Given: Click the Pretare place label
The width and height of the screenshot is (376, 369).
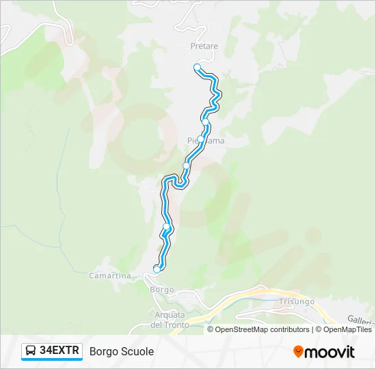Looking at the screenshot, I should tap(204, 46).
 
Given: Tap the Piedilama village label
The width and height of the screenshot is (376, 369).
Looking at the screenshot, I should tap(206, 141).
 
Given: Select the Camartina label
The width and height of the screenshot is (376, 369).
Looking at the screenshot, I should tap(109, 275).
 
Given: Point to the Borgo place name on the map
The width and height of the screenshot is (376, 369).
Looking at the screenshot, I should tap(161, 289).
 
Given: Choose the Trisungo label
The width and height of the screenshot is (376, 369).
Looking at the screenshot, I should tap(296, 301).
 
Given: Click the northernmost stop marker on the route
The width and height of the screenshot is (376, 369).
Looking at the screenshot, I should tap(198, 67).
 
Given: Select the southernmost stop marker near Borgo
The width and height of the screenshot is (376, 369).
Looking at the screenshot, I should tap(157, 269).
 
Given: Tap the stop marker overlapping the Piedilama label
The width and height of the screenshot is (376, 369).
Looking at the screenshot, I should tap(200, 139).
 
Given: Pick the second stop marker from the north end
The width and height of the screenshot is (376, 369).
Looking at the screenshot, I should tap(205, 122).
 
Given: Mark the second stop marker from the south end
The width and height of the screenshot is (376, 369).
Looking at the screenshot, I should tap(166, 226).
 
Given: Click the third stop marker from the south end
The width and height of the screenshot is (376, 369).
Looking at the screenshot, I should tap(186, 165).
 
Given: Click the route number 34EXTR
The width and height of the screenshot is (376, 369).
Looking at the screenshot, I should tap(60, 351).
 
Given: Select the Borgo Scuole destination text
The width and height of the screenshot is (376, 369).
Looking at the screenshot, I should tap(122, 351).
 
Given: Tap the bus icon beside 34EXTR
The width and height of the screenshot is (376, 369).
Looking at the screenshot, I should tap(31, 351).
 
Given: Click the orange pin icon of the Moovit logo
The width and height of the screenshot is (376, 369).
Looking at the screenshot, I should tap(298, 352).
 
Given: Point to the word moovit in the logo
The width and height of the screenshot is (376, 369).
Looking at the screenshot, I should tap(330, 352).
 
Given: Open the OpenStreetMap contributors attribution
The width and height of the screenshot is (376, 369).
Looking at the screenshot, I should tap(261, 329).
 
